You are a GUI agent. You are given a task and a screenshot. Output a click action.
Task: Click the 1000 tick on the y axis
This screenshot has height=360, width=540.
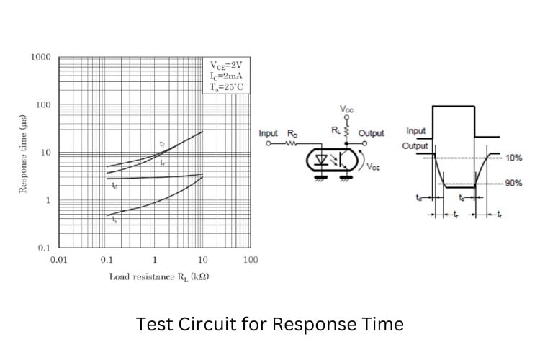(40, 57)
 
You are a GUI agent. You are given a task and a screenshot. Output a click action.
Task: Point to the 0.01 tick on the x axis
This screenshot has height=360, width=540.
(58, 259)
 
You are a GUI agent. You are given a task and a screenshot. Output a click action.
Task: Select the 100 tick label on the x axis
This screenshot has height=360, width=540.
(250, 259)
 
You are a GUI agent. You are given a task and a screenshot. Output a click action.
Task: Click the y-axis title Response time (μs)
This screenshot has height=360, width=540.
(23, 153)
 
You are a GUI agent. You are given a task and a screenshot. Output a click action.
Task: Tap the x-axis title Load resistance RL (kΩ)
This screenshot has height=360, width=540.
(159, 276)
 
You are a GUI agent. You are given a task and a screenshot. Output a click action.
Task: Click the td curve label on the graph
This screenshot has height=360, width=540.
(115, 186)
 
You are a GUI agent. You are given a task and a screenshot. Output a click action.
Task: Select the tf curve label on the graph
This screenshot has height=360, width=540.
(162, 145)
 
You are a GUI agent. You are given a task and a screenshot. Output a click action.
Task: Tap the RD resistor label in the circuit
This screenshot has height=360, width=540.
(292, 133)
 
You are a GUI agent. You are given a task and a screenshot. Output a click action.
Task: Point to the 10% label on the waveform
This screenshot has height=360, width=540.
(513, 158)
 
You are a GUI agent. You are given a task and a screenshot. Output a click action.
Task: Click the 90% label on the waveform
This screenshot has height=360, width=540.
(513, 184)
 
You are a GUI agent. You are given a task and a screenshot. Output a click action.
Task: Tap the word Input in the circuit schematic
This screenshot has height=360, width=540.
(268, 134)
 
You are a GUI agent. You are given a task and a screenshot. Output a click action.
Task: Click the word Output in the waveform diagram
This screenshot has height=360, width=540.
(415, 146)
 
